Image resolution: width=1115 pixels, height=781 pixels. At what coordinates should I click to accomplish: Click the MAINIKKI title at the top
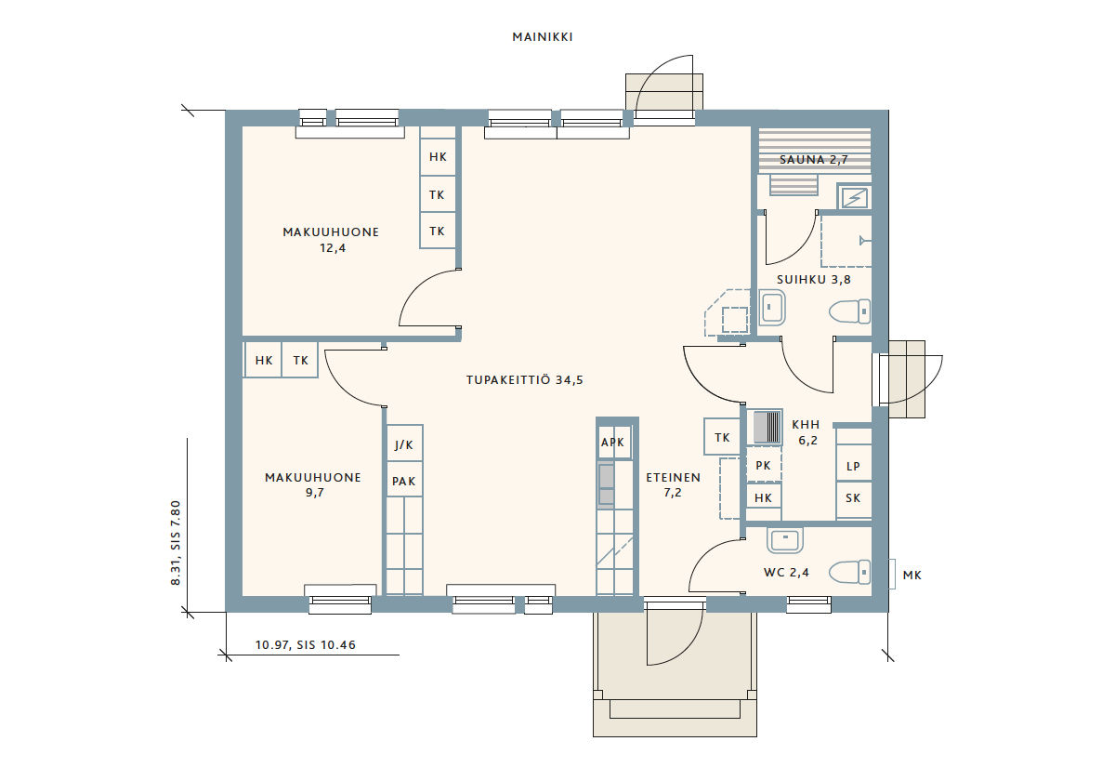543,37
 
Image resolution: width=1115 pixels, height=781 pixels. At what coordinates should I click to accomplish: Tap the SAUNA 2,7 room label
814,160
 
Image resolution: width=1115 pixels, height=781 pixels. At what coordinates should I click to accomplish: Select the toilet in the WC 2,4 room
849,572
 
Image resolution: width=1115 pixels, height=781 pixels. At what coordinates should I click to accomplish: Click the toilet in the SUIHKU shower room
849,311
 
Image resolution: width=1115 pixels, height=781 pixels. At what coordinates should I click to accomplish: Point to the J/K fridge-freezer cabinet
405,443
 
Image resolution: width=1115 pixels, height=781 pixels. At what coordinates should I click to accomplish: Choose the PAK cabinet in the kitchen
405,480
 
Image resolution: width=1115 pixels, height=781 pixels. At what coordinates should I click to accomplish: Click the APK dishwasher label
612,443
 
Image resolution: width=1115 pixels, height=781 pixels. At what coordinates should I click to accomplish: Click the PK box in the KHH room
764,465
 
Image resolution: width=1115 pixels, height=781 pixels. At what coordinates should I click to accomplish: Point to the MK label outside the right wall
912,576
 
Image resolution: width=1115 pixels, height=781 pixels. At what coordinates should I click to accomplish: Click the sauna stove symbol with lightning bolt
854,198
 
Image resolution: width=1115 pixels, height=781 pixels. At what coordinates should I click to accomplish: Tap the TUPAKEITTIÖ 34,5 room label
525,380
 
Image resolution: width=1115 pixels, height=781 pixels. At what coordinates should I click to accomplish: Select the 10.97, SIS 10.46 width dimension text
306,645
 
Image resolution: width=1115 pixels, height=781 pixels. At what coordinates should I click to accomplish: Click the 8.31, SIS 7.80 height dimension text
176,542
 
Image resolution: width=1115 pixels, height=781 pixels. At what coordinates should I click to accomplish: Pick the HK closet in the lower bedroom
263,360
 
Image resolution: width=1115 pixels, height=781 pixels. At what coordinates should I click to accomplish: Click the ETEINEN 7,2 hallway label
673,484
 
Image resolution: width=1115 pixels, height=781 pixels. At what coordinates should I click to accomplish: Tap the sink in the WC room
785,540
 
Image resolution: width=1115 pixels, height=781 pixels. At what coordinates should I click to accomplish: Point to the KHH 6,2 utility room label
807,432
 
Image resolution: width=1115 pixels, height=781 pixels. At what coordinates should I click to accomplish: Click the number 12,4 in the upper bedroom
333,248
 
